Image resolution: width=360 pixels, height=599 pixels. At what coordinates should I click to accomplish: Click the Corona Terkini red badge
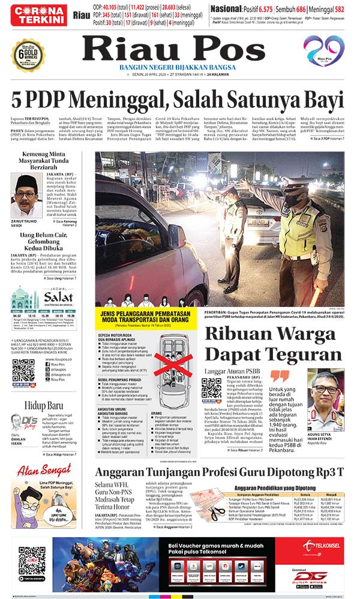(41, 14)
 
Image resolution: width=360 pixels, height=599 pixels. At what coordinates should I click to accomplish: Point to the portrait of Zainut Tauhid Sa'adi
(26, 195)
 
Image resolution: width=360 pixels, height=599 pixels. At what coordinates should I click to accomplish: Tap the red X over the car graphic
(170, 365)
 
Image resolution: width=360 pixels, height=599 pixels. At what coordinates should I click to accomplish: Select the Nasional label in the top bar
(228, 10)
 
